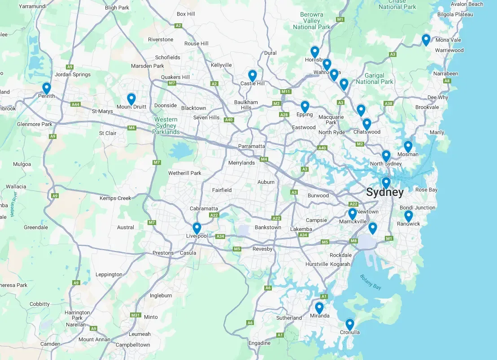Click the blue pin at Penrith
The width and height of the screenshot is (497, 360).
[46, 88]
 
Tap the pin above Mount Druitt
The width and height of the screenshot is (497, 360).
[131, 98]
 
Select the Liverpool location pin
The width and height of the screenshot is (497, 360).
[196, 228]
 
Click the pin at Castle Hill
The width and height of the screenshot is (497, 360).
[253, 75]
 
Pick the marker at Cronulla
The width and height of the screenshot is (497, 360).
[349, 324]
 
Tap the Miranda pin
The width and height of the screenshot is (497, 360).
[319, 308]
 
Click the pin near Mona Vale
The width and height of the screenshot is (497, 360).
[426, 39]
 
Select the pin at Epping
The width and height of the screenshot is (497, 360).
[305, 106]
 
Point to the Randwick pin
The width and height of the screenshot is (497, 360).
[408, 216]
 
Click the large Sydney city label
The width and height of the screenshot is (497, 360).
[384, 193]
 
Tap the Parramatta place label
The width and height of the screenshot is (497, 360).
[251, 146]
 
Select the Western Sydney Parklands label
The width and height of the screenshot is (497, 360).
[166, 126]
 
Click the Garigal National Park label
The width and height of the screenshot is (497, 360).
[374, 78]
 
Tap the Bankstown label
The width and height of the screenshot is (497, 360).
[268, 227]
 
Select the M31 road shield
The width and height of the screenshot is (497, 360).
[135, 315]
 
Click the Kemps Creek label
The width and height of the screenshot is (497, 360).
[115, 198]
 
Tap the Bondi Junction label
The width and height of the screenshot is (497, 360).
[417, 208]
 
